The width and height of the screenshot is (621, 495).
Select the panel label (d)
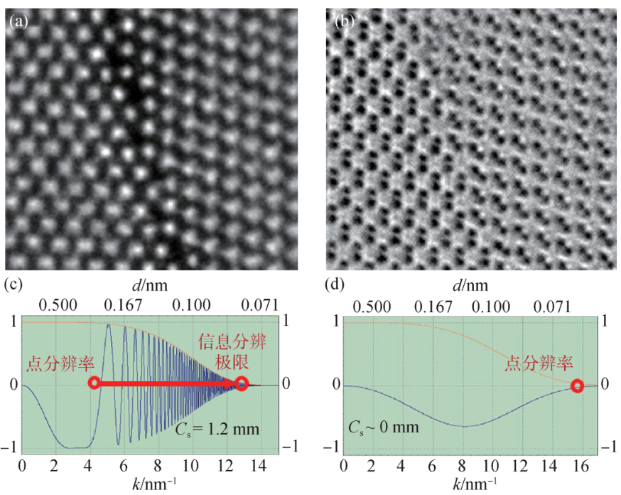(x=335, y=286)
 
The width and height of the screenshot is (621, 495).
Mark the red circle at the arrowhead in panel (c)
(x=242, y=384)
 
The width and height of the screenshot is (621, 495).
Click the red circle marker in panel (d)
(x=577, y=386)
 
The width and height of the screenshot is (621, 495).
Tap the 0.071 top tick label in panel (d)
(x=551, y=306)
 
